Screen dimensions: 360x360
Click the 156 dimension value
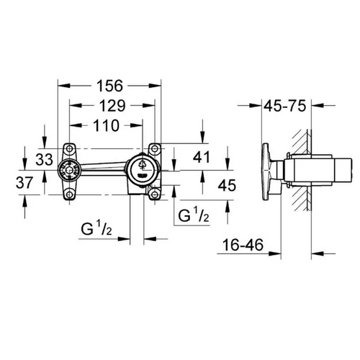coord(109,86)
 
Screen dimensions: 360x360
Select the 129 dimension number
coord(112,106)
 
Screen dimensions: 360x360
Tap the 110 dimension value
coord(106,125)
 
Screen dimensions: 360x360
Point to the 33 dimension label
coord(44,160)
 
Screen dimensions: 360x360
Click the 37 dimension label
coord(24,182)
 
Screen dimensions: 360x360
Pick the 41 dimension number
coord(202,157)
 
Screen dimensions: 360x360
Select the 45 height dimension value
coord(227,185)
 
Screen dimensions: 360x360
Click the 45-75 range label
coord(285,106)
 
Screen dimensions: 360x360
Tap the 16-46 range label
coord(243,245)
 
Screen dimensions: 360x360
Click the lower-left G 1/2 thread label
coord(96,228)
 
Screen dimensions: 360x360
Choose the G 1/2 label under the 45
coord(194,215)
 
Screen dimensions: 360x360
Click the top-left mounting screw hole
coord(69,148)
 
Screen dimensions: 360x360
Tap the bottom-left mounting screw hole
coord(69,194)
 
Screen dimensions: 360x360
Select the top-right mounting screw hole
coord(155,148)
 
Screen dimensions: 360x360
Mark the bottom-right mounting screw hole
coord(155,194)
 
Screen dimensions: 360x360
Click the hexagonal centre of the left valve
coord(69,171)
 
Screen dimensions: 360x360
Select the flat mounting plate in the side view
coord(266,172)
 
